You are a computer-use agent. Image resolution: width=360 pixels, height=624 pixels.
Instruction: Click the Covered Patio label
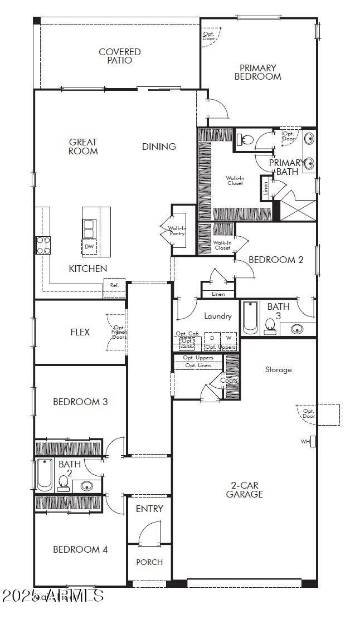(119, 56)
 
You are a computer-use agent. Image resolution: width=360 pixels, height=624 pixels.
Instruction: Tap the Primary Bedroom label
(257, 72)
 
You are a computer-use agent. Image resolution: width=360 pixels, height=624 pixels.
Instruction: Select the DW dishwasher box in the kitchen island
(89, 246)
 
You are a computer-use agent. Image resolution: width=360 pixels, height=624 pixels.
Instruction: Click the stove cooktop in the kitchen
(43, 245)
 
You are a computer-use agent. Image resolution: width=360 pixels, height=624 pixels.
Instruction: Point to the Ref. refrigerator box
(114, 285)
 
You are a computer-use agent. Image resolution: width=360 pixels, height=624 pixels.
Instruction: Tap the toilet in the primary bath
(246, 140)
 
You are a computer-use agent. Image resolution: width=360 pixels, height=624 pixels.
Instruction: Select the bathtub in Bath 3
(250, 318)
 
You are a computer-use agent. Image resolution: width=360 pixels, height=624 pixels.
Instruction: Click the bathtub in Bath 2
(44, 474)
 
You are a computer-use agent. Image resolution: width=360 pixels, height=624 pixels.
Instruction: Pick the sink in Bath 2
(87, 486)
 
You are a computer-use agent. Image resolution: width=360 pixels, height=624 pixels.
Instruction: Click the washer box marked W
(228, 338)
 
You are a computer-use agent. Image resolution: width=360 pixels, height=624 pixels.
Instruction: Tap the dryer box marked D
(212, 338)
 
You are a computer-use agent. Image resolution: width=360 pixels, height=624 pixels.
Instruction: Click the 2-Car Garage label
(244, 490)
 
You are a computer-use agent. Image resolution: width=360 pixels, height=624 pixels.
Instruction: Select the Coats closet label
(228, 381)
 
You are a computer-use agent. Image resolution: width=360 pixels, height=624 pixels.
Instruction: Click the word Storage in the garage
(278, 369)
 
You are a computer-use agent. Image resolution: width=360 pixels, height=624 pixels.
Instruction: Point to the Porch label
(149, 562)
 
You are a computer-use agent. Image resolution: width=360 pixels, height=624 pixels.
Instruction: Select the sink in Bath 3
(298, 329)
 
